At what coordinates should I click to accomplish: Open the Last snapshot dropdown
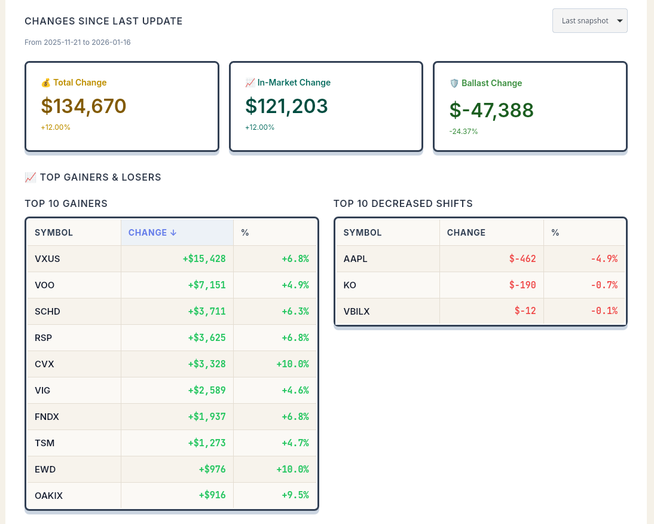(589, 21)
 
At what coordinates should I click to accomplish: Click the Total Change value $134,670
(84, 106)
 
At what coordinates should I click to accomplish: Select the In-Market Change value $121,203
(286, 106)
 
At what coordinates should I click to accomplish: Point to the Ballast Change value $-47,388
(491, 110)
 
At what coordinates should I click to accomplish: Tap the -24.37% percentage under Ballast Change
(463, 132)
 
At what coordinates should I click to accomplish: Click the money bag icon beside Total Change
(45, 83)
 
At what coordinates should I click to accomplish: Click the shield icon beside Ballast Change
(454, 83)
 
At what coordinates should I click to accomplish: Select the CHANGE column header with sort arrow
(152, 233)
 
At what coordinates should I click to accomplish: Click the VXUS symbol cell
(47, 259)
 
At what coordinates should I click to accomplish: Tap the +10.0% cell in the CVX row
(292, 364)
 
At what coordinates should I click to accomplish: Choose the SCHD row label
(47, 312)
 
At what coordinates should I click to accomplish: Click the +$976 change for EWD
(212, 470)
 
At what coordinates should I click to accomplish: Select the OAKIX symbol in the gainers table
(48, 496)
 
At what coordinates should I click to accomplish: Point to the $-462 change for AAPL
(522, 259)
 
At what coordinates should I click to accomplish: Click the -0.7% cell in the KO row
(604, 285)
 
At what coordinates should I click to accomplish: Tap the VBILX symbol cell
(356, 312)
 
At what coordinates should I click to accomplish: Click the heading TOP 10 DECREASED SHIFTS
(403, 204)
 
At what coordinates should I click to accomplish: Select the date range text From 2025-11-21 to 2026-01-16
(78, 42)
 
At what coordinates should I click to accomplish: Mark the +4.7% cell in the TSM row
(295, 443)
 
